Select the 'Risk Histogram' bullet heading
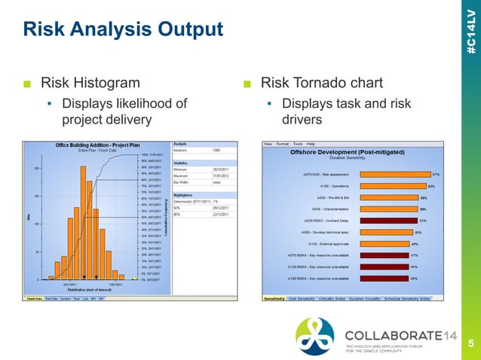click(90, 82)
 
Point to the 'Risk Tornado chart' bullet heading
click(321, 82)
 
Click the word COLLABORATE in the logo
click(389, 334)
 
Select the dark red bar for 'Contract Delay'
click(389, 221)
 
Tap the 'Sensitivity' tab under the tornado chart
click(273, 298)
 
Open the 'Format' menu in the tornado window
click(283, 143)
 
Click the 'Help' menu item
click(311, 143)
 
